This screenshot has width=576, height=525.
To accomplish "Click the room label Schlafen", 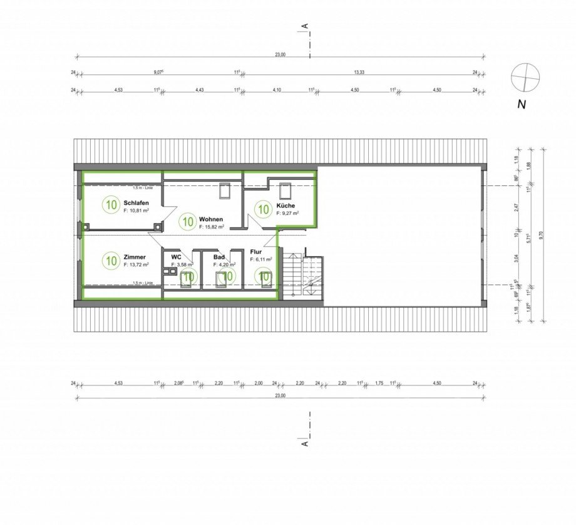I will coord(136,203).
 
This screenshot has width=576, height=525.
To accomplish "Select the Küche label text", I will coord(286,205).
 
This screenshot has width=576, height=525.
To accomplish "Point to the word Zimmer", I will coord(135,257).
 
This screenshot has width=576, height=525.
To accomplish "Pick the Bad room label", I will coord(219,257).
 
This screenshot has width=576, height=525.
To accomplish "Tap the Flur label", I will coord(255,251).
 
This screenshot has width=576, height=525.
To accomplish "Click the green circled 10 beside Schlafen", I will coord(111,204).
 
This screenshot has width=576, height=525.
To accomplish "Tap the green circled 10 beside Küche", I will coord(263,209).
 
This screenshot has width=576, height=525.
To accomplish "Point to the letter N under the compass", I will coord(521,105).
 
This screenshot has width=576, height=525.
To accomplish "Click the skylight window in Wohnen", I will coord(225,190).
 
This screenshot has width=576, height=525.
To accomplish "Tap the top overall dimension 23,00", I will coord(280,55).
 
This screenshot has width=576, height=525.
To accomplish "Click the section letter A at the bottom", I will coord(305,443).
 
